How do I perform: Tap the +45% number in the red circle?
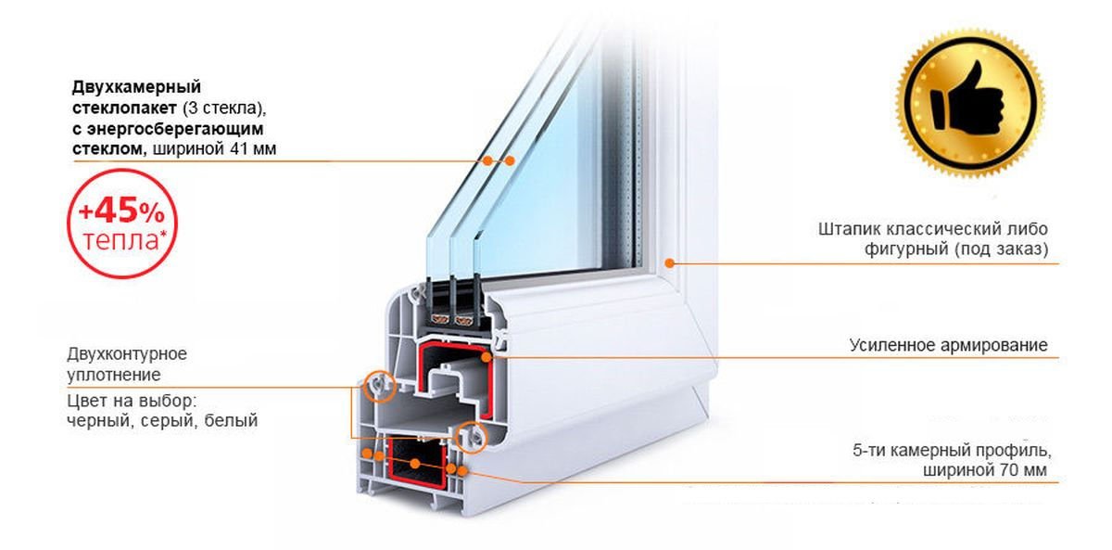121,211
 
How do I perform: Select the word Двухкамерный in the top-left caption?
136,87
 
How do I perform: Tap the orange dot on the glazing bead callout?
669,263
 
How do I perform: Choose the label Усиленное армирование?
948,345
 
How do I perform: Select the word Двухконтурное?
127,353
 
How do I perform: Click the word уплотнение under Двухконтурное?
114,375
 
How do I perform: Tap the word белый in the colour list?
231,420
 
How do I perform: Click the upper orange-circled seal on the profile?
379,385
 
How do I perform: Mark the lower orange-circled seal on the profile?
472,437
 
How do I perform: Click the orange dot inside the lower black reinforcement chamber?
415,464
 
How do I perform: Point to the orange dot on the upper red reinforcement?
486,357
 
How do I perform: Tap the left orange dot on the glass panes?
488,160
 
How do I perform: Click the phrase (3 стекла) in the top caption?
223,108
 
